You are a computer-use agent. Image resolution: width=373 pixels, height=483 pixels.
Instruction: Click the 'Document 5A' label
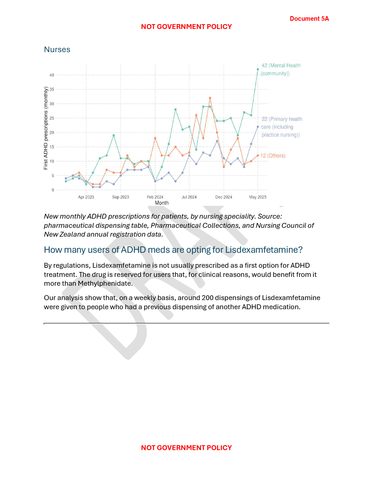point(309,19)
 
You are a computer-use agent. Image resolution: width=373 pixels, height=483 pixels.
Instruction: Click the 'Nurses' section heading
point(57,50)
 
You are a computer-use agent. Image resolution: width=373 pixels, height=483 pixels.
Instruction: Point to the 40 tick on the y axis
point(52,75)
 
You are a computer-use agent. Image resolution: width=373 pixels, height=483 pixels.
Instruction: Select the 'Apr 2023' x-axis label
point(86,197)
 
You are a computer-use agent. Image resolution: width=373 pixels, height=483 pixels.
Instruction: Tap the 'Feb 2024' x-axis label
point(155,197)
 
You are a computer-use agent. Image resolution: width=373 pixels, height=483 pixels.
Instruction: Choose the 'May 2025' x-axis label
point(258,197)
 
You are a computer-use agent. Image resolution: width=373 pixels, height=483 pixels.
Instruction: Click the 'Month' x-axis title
point(162,203)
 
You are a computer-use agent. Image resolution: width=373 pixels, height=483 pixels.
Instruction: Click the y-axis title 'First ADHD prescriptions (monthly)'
point(46,128)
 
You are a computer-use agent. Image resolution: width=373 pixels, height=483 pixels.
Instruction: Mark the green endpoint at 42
point(258,69)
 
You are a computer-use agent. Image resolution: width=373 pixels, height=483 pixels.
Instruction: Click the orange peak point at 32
point(210,98)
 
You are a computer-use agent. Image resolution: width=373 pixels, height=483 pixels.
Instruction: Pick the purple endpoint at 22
point(258,127)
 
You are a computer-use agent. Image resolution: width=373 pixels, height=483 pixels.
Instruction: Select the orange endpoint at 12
point(258,156)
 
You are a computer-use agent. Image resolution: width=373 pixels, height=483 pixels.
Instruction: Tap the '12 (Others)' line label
point(273,156)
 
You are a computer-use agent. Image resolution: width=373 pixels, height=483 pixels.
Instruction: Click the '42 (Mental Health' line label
point(281,66)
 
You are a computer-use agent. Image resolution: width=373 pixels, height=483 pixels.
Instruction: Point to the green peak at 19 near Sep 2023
point(114,135)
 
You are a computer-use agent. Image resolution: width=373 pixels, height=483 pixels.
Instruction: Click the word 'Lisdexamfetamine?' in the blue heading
point(264,250)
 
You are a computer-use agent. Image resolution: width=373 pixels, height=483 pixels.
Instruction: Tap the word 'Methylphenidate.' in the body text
point(105,284)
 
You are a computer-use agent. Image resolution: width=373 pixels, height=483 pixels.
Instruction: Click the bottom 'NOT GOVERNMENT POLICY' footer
point(186,448)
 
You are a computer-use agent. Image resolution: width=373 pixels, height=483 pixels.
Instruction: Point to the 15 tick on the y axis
point(52,147)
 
